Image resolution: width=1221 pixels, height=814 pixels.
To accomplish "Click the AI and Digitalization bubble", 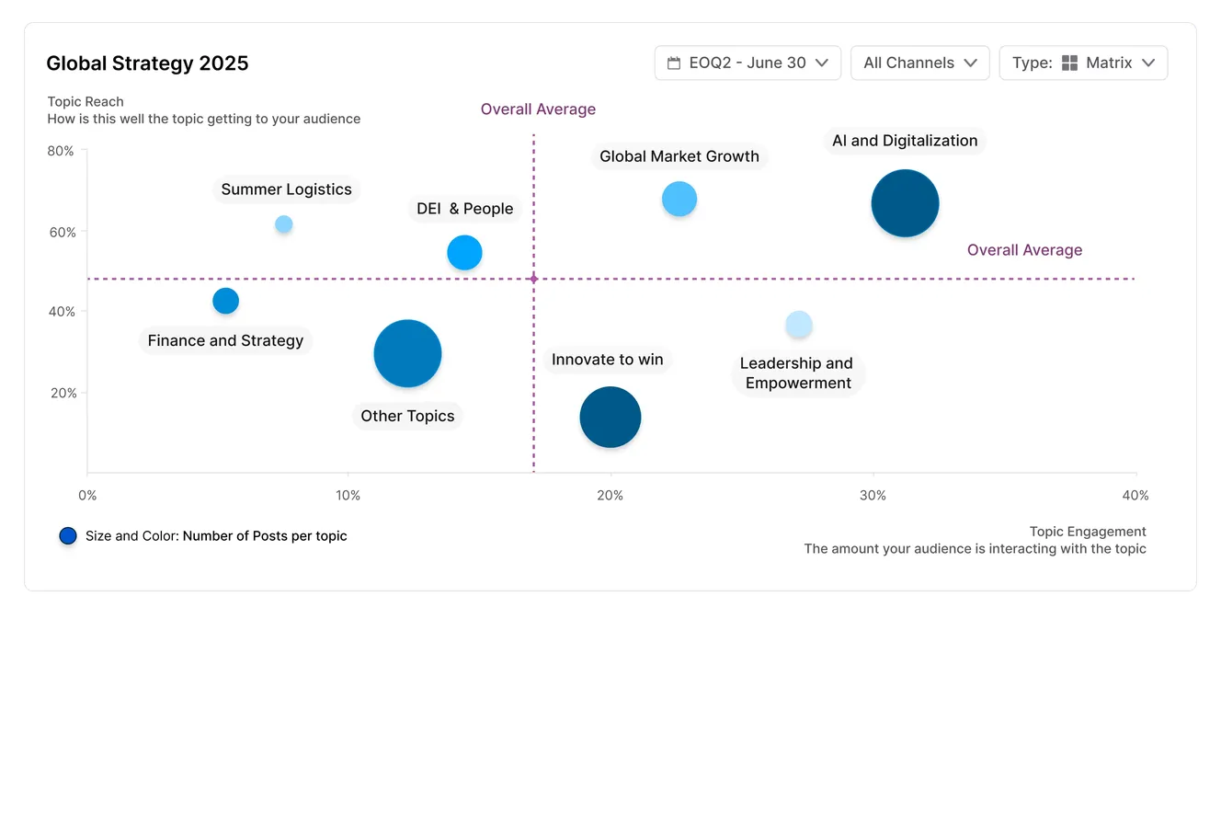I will click(905, 203).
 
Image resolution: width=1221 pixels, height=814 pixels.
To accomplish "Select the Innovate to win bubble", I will click(610, 417).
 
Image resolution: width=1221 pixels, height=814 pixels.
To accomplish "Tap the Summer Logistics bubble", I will click(284, 224).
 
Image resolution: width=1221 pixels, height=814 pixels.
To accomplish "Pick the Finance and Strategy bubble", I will click(225, 301).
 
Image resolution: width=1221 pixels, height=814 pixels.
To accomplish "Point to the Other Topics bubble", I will click(407, 353).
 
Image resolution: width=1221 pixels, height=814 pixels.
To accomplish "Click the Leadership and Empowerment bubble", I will click(799, 325).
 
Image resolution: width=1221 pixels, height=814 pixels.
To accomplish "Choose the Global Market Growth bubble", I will click(679, 199).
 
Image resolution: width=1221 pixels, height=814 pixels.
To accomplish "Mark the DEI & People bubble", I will click(464, 252).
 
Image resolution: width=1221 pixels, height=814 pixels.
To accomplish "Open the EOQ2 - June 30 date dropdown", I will click(747, 63).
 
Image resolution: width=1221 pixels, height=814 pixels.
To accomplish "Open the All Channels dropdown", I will click(919, 63).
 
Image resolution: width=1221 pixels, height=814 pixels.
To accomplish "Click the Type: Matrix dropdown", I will click(1083, 63).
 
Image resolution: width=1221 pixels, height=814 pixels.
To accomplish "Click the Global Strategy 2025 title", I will click(147, 63).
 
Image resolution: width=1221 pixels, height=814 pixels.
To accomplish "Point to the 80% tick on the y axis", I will click(62, 151).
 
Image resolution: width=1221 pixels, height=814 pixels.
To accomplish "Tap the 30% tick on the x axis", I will click(873, 496).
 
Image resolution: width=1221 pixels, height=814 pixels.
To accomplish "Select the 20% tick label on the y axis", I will click(62, 393).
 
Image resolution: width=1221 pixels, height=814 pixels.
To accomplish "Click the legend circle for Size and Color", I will click(68, 536).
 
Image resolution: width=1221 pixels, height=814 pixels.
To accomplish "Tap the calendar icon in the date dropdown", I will click(674, 63).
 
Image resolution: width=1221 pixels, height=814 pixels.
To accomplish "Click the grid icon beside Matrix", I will click(1069, 63).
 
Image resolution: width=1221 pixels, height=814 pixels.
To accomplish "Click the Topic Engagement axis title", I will click(1087, 532).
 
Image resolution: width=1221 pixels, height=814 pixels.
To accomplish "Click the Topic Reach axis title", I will click(86, 102).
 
